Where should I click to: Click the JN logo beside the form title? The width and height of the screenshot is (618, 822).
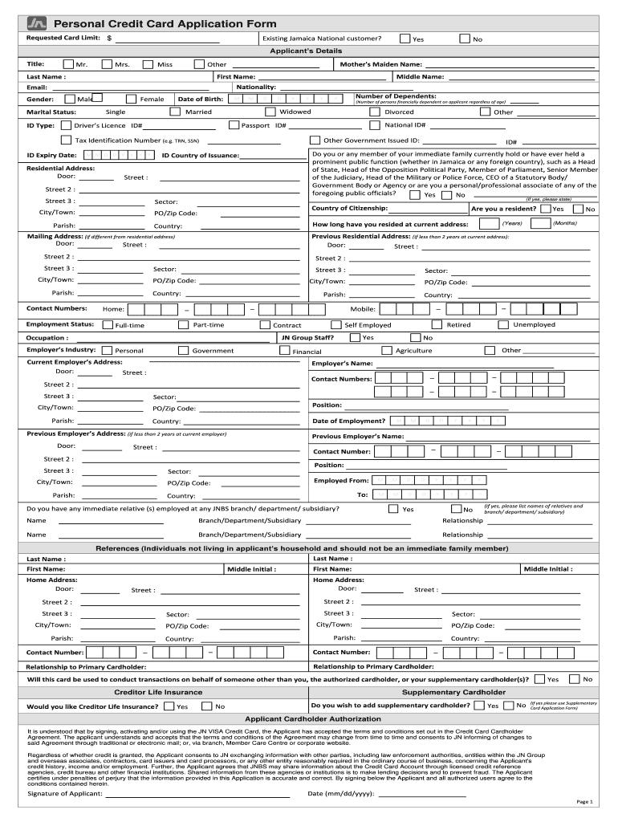pyautogui.click(x=37, y=23)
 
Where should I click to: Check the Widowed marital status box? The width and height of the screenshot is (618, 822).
pyautogui.click(x=270, y=112)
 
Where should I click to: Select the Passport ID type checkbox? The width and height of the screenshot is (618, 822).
pyautogui.click(x=234, y=125)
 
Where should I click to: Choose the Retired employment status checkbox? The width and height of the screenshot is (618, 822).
pyautogui.click(x=437, y=324)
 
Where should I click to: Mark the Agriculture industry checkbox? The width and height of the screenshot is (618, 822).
pyautogui.click(x=386, y=350)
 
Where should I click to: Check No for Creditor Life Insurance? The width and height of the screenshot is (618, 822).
pyautogui.click(x=205, y=706)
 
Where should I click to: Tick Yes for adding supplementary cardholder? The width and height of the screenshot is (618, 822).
pyautogui.click(x=478, y=706)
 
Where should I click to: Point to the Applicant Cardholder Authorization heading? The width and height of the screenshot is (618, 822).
pyautogui.click(x=307, y=719)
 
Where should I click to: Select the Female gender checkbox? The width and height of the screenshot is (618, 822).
pyautogui.click(x=132, y=99)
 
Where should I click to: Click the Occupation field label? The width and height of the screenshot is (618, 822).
pyautogui.click(x=47, y=338)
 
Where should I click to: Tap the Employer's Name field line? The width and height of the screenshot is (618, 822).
pyautogui.click(x=465, y=364)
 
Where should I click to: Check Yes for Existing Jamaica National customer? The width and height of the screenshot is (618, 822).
pyautogui.click(x=406, y=39)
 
